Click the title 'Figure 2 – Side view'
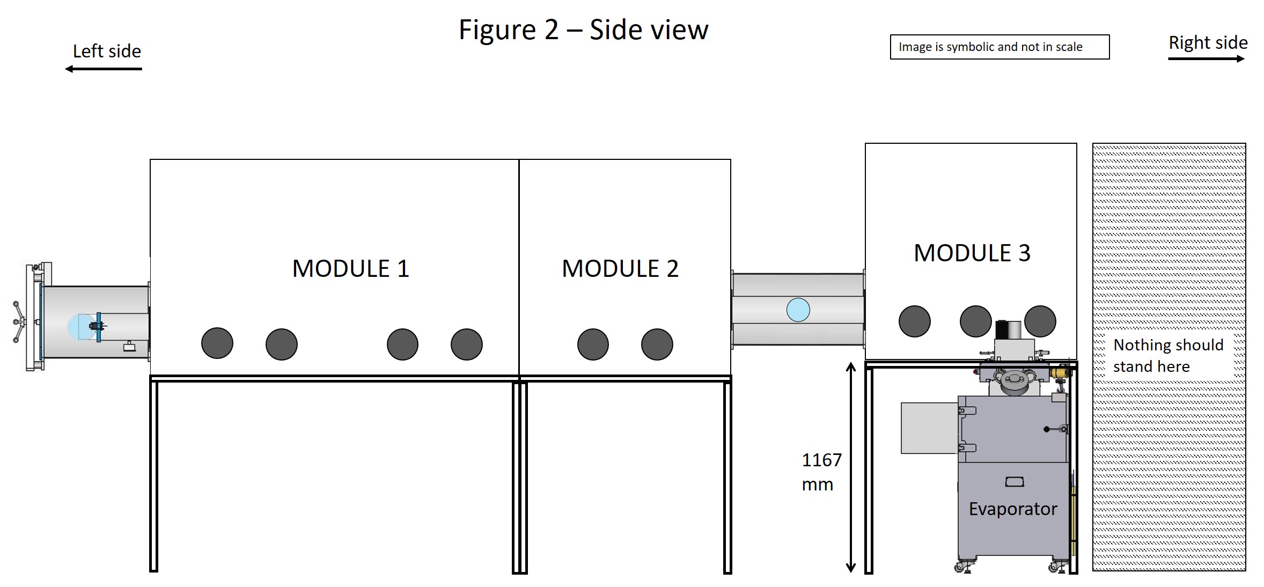click(x=583, y=30)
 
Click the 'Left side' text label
click(x=107, y=51)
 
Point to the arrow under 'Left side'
click(x=103, y=69)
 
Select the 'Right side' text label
click(x=1208, y=42)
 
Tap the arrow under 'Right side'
click(x=1207, y=58)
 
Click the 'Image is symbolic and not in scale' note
click(x=990, y=47)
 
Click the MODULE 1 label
click(x=350, y=268)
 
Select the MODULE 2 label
click(x=620, y=268)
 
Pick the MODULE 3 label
click(x=972, y=253)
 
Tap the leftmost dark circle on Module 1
click(x=217, y=343)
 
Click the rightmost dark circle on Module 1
click(x=467, y=344)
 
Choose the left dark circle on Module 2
click(x=593, y=344)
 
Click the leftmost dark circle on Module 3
click(x=915, y=321)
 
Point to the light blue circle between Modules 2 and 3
click(x=798, y=310)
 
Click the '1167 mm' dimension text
click(x=821, y=472)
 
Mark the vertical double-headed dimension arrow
click(x=850, y=467)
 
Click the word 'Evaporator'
click(x=1013, y=509)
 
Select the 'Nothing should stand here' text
click(x=1168, y=355)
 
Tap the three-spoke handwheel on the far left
click(x=19, y=322)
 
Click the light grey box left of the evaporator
click(x=929, y=428)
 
